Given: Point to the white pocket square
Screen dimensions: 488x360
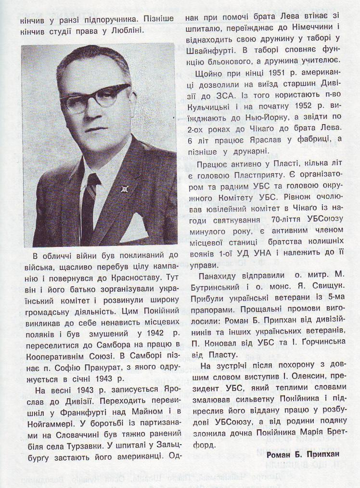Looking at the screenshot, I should pyautogui.click(x=133, y=229).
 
